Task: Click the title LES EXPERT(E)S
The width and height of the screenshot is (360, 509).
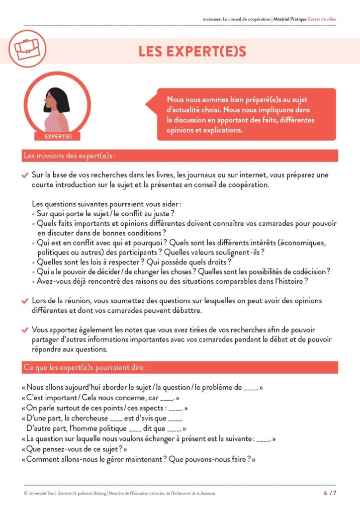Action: [192, 51]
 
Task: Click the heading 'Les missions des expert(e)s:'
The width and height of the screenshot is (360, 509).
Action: [69, 156]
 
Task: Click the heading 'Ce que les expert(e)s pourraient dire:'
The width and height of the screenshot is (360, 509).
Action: [85, 368]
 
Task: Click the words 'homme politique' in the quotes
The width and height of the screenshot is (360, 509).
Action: [100, 428]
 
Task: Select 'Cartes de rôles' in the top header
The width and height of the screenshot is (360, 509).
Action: [322, 19]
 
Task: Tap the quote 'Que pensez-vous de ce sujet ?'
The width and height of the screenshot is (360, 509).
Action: [75, 449]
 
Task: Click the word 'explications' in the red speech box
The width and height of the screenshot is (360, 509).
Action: [220, 131]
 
